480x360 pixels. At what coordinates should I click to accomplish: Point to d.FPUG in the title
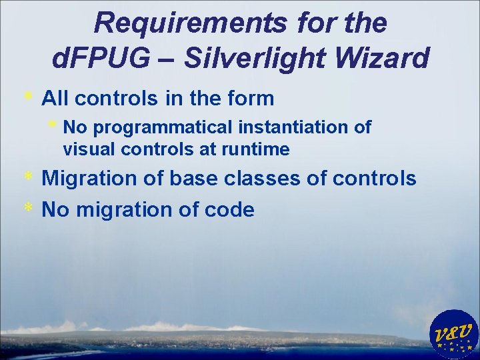[100, 59]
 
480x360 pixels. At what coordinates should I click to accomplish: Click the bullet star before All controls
[28, 97]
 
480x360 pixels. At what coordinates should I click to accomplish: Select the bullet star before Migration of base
[28, 177]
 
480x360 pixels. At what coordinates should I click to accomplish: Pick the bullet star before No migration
[28, 208]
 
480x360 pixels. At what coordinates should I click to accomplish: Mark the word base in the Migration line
[191, 179]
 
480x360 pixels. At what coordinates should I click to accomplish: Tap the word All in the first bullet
[55, 99]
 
